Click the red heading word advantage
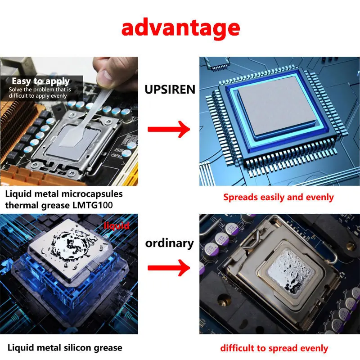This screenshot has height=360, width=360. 180,28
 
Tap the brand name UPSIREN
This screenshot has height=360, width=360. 170,89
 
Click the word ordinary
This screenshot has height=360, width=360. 170,243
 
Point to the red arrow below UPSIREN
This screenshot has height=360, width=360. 169,129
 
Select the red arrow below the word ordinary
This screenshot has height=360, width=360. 169,268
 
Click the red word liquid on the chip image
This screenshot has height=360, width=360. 117,226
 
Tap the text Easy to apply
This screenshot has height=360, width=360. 40,81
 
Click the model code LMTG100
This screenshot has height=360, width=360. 93,205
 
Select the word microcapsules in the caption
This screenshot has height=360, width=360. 92,194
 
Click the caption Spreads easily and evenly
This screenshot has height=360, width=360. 278,198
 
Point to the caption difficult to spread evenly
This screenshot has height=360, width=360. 274,348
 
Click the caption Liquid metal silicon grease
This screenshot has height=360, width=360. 65,348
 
